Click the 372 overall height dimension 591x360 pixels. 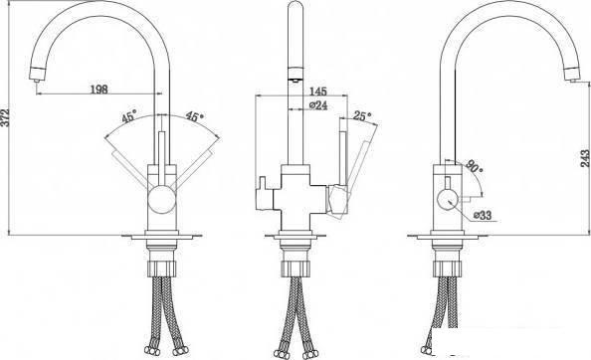[5, 118]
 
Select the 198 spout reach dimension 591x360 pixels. [99, 90]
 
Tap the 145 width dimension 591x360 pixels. [318, 91]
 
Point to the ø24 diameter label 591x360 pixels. [318, 105]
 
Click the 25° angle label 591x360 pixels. [362, 116]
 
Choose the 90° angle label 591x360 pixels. [475, 166]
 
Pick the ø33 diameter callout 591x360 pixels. [483, 215]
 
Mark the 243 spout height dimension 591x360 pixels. [585, 158]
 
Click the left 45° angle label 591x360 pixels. [129, 116]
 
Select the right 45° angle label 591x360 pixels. [194, 116]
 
